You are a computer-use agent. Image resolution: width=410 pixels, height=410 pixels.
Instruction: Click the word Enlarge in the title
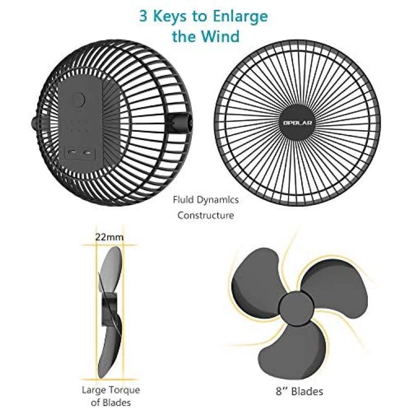tap(240, 17)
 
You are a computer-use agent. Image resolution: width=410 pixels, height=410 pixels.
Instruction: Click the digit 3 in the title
tap(144, 16)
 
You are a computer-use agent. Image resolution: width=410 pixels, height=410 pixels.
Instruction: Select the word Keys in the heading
tap(171, 17)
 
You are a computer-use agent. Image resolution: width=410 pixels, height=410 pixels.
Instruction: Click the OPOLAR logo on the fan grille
tap(297, 122)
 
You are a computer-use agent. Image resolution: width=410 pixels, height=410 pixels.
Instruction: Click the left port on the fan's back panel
tap(71, 151)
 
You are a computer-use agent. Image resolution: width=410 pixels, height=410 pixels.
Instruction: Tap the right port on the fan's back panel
tap(87, 151)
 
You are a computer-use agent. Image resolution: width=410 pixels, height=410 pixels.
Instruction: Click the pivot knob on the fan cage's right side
tap(180, 122)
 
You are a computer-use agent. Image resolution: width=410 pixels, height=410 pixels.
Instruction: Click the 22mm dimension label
tap(109, 237)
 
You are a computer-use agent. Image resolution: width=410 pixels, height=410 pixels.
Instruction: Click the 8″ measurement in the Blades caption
tap(282, 391)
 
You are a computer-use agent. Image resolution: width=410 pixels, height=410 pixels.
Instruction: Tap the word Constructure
tap(206, 215)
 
